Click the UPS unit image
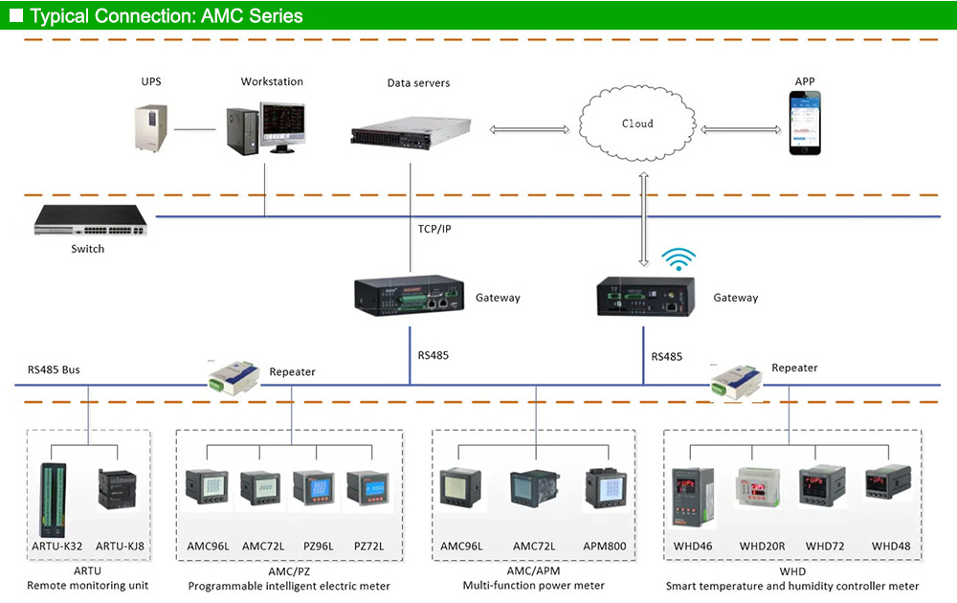click(x=151, y=127)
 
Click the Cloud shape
click(x=637, y=123)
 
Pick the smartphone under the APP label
click(x=804, y=123)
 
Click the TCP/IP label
click(x=436, y=230)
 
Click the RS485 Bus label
click(x=54, y=369)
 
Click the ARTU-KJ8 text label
click(x=120, y=547)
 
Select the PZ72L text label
click(x=368, y=547)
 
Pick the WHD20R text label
click(x=762, y=547)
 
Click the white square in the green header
click(x=15, y=15)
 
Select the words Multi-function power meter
click(x=534, y=586)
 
